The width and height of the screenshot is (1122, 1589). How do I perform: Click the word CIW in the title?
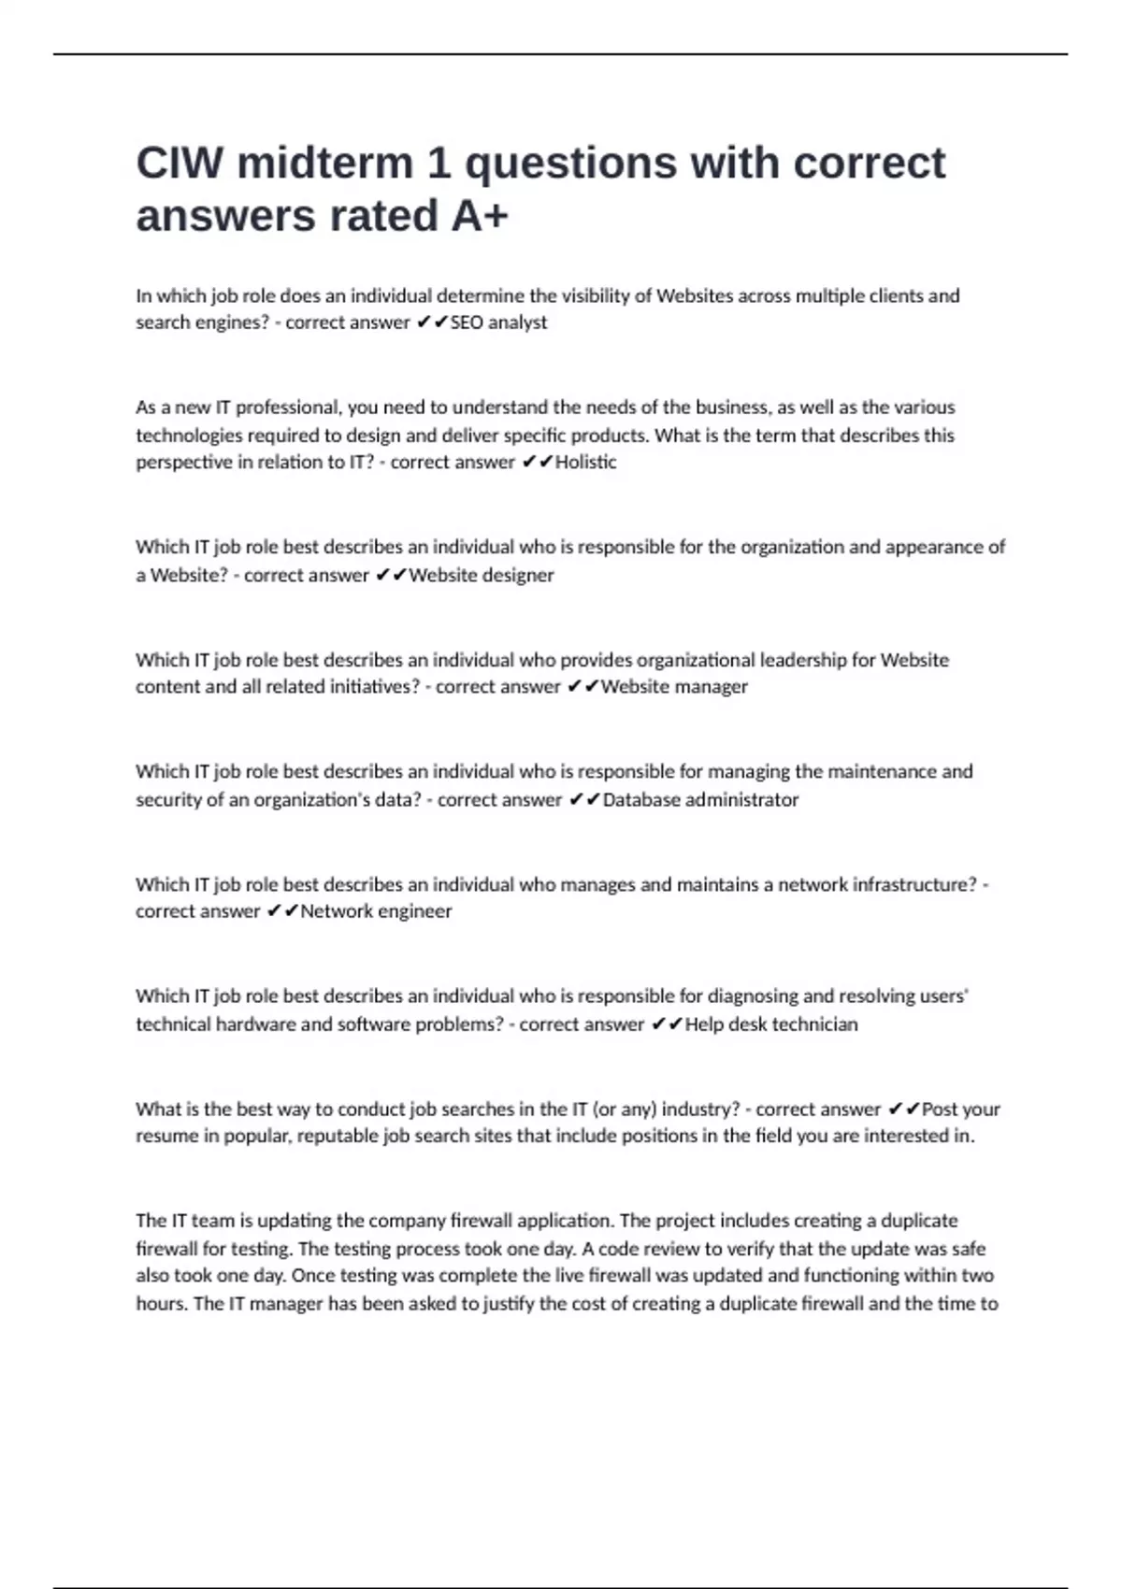point(180,163)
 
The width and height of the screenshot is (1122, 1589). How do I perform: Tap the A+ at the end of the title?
point(479,216)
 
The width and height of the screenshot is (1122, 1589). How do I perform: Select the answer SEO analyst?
point(499,322)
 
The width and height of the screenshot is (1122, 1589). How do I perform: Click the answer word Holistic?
point(586,462)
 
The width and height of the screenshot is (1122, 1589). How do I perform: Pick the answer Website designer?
point(482,575)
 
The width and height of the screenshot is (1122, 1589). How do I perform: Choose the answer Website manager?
point(674,687)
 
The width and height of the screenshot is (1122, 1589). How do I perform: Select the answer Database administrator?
point(700,800)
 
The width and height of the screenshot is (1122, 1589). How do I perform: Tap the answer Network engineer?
point(376,911)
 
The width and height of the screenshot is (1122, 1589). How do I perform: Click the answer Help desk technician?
point(771,1024)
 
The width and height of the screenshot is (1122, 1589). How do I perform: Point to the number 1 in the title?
point(438,163)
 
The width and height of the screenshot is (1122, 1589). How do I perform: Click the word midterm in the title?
point(325,163)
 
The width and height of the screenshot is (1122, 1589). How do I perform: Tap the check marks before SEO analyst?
point(432,322)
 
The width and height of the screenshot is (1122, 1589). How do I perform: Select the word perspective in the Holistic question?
point(182,463)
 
